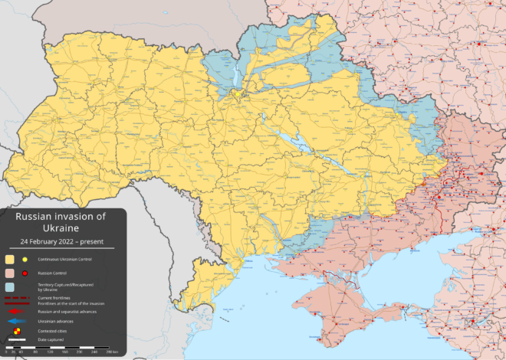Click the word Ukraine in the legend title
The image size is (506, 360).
61,228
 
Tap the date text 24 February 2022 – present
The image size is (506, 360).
61,241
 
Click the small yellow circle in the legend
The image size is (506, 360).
25,260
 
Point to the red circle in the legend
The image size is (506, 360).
25,273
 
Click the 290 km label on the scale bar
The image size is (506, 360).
112,352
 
